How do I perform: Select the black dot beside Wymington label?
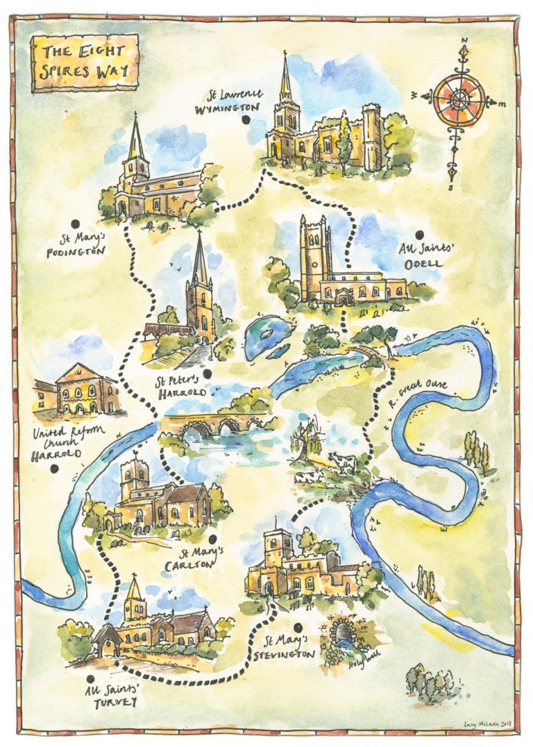[x=246, y=121]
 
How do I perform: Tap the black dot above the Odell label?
[x=419, y=235]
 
